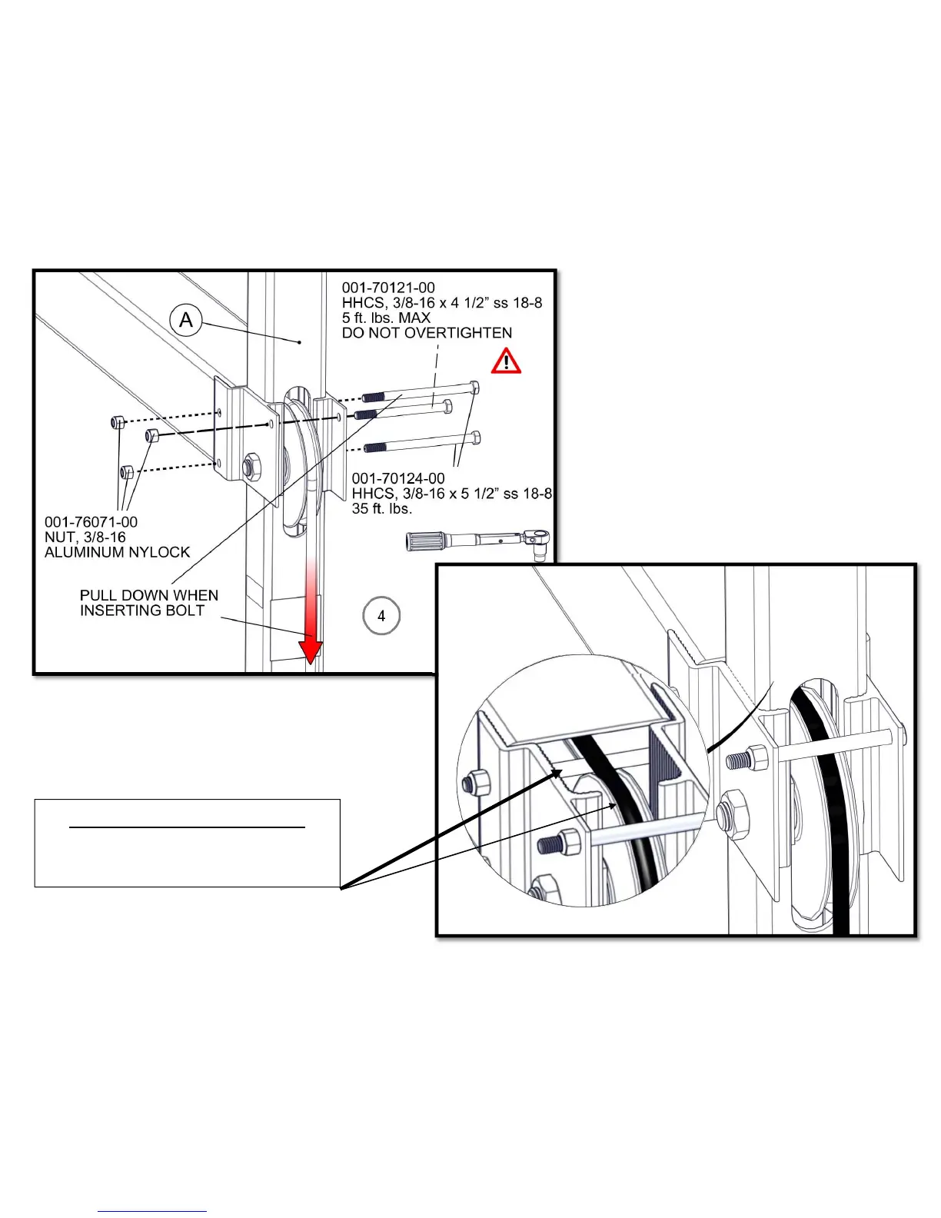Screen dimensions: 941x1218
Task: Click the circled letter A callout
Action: pyautogui.click(x=186, y=319)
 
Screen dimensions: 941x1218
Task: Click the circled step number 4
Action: pyautogui.click(x=381, y=616)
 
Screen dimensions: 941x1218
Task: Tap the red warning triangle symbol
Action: pyautogui.click(x=506, y=361)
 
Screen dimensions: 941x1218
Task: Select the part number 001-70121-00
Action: pyautogui.click(x=388, y=288)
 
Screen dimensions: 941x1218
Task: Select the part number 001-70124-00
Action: pyautogui.click(x=398, y=478)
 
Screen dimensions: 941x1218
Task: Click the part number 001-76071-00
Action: pyautogui.click(x=91, y=522)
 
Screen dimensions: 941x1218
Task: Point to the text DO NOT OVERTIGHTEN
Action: pyautogui.click(x=427, y=333)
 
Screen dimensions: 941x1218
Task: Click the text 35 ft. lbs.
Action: pyautogui.click(x=382, y=508)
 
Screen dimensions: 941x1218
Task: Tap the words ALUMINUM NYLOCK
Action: pyautogui.click(x=117, y=552)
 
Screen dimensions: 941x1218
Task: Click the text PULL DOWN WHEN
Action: pyautogui.click(x=149, y=595)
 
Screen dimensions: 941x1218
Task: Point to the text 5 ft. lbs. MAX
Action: pyautogui.click(x=386, y=318)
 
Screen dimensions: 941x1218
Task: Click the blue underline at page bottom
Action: pyautogui.click(x=152, y=1211)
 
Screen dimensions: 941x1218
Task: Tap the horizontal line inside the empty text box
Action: pyautogui.click(x=188, y=827)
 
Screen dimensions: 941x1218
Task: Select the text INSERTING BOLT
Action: pyautogui.click(x=142, y=611)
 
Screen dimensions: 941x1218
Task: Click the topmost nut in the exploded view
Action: pyautogui.click(x=118, y=422)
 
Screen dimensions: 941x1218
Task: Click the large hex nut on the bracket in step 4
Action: pyautogui.click(x=251, y=466)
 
